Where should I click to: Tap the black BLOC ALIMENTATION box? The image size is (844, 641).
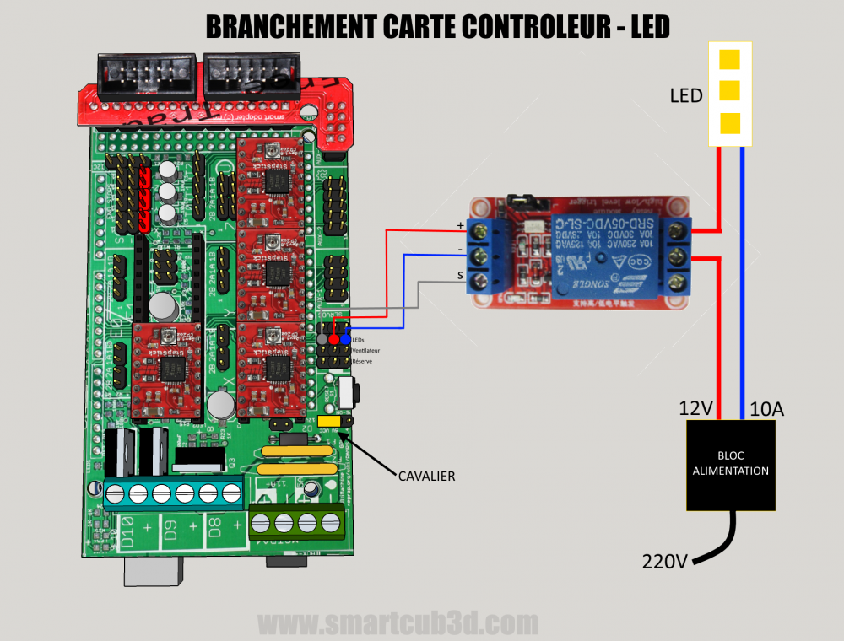pyautogui.click(x=731, y=464)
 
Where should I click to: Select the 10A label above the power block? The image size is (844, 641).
pyautogui.click(x=766, y=409)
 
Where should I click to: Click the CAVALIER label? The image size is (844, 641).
pyautogui.click(x=426, y=477)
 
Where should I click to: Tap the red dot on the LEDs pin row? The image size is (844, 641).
pyautogui.click(x=334, y=338)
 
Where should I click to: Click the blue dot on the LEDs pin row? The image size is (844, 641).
pyautogui.click(x=346, y=338)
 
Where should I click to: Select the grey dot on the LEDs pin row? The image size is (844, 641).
pyautogui.click(x=322, y=338)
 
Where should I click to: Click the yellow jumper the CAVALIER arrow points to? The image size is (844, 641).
pyautogui.click(x=330, y=420)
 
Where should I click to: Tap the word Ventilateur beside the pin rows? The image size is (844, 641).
pyautogui.click(x=367, y=349)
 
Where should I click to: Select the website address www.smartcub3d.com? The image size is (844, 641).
pyautogui.click(x=398, y=624)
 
